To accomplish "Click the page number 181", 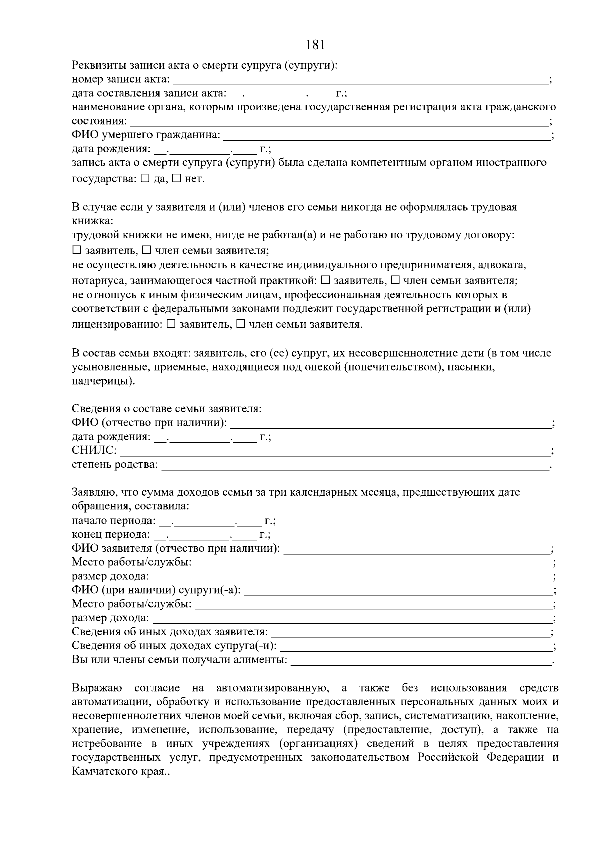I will [315, 45].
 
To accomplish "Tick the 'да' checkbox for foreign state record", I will [145, 178].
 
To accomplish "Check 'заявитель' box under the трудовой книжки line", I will [76, 250].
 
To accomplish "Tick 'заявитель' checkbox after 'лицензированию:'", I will [171, 324].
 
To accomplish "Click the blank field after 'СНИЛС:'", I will [334, 451].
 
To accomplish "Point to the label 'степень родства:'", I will [115, 465].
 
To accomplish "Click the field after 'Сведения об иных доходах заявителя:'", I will [410, 633].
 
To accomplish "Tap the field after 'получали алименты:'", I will [421, 661].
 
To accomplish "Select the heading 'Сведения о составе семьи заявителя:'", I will [167, 409].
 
